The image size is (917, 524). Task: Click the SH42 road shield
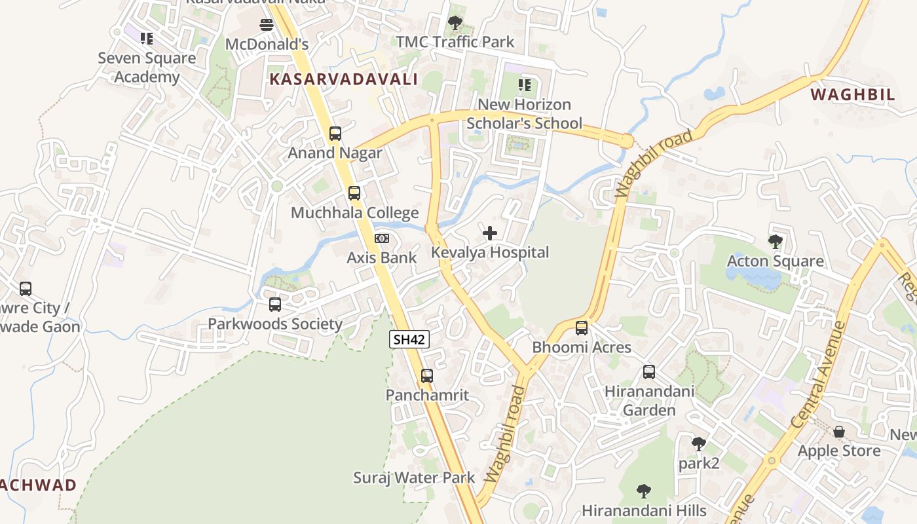pos(409,339)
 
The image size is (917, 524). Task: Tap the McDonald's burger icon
pos(267,25)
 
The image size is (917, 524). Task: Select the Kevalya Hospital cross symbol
pos(489,233)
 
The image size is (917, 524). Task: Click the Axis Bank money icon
pos(381,238)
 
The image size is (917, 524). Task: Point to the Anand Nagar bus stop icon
pos(335,134)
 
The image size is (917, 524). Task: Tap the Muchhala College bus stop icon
pos(354,193)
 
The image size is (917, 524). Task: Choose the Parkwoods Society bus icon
pos(275,305)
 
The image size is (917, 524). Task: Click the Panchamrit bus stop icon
pos(427,376)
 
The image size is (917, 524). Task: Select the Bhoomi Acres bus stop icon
pos(582,328)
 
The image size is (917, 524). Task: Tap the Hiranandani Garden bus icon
pos(649,372)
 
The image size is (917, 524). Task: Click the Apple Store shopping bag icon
pos(839,432)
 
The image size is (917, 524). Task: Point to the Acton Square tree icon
pos(776,242)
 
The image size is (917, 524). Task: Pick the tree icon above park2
pos(699,444)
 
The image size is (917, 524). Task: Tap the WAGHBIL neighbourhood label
pos(853,94)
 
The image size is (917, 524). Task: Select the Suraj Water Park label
pos(414,477)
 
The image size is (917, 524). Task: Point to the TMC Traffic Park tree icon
pos(455,23)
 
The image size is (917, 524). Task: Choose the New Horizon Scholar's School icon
pos(524,85)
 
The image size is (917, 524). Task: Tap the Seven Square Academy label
pos(147,67)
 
